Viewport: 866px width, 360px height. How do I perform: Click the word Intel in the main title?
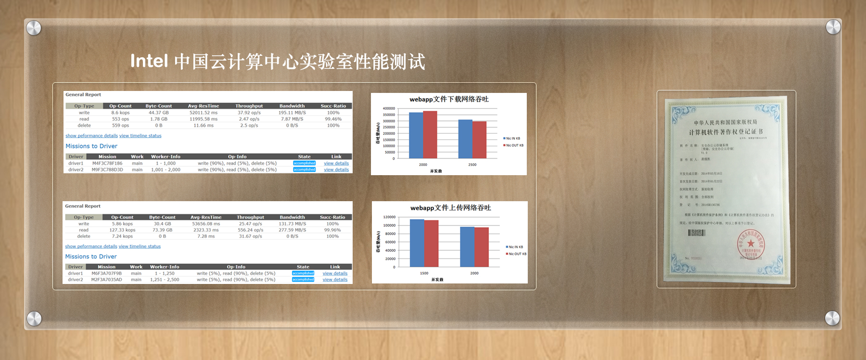click(149, 61)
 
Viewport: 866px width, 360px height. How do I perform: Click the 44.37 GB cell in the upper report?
click(159, 113)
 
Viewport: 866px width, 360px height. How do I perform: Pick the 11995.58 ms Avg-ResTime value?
click(203, 119)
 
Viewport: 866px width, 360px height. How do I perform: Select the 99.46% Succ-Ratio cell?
click(333, 119)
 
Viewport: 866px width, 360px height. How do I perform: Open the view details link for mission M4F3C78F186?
click(336, 163)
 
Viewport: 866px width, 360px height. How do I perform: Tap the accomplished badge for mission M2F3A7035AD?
click(303, 280)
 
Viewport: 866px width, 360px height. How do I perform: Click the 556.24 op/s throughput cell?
click(251, 230)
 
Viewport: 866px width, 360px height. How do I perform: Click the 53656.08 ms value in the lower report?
click(206, 224)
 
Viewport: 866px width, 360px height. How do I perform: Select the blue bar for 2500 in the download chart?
click(465, 139)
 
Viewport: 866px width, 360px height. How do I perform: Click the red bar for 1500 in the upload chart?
click(431, 244)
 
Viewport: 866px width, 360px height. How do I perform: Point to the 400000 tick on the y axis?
click(389, 109)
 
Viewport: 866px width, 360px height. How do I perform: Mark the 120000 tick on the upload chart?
click(389, 217)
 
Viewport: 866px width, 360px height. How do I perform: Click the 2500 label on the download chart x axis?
click(472, 165)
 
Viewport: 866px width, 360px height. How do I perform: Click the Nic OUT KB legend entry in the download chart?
click(514, 145)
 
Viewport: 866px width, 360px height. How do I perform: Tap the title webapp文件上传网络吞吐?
click(450, 208)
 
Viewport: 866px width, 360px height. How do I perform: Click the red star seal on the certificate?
click(751, 243)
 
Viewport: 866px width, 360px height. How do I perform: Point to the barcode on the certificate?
click(696, 233)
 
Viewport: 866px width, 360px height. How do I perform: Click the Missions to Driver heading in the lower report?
click(91, 257)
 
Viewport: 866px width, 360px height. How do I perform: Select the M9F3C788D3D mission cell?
click(107, 169)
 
